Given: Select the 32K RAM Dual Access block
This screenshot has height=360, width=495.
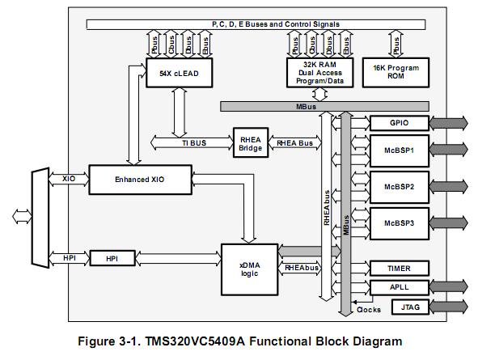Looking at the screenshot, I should [315, 73].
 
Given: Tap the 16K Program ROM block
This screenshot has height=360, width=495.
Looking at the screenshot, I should [396, 73].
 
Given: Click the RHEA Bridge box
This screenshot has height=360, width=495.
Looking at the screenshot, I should [251, 143].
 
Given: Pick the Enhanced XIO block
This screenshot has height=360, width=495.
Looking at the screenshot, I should [139, 178].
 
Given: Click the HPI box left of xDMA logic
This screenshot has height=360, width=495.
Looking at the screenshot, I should [111, 258].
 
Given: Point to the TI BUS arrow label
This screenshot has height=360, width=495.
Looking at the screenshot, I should [194, 142].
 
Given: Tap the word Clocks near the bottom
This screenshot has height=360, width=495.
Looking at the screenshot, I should [368, 309].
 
